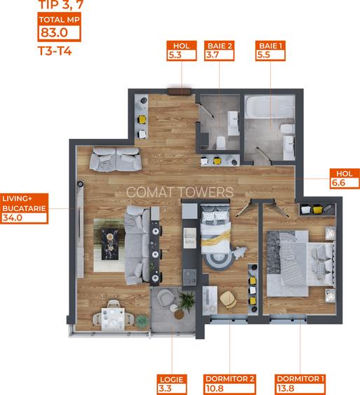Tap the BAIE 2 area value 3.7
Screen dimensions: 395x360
pos(213,55)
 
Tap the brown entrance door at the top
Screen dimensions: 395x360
pos(180,89)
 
